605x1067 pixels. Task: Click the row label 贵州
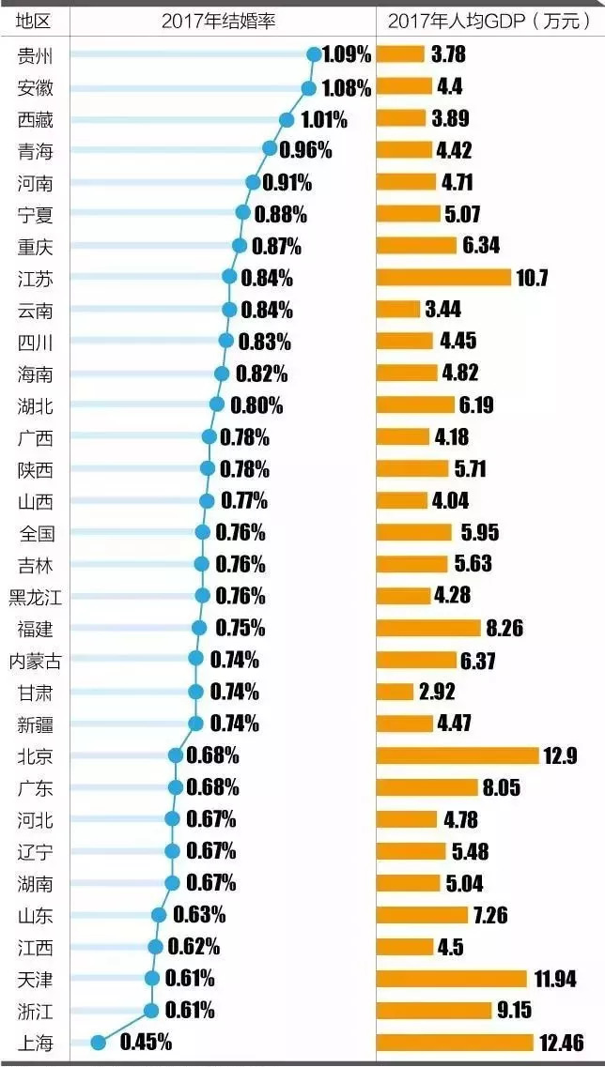point(36,55)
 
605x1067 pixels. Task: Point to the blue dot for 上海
point(97,1041)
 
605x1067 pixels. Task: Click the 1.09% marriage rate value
point(346,54)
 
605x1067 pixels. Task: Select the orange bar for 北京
point(457,755)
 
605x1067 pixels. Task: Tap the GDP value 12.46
point(562,1042)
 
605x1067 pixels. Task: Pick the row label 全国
point(36,534)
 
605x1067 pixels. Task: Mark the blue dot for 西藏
point(287,120)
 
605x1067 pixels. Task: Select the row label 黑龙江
point(36,597)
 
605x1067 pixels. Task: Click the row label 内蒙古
point(36,661)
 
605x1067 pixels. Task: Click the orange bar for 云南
point(398,310)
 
